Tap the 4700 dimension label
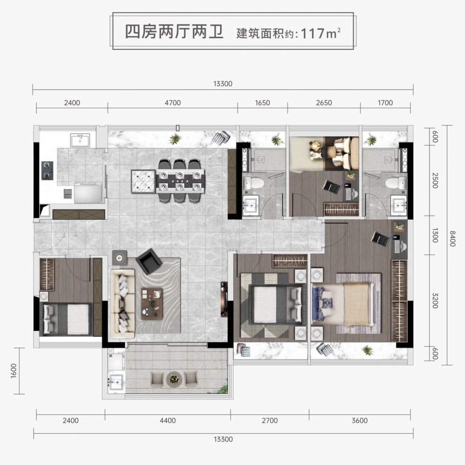(x=173, y=103)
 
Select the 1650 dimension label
(x=262, y=103)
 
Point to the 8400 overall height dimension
(x=452, y=238)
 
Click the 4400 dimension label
(x=168, y=420)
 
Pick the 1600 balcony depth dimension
(x=13, y=371)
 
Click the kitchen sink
(x=80, y=140)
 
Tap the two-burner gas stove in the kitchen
(x=47, y=170)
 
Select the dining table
(x=181, y=181)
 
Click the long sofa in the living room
(x=123, y=304)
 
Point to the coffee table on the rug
(x=152, y=304)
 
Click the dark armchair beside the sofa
(x=149, y=261)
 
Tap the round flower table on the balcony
(x=174, y=379)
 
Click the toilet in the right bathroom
(x=396, y=183)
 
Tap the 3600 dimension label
(x=360, y=420)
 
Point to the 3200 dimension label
(x=435, y=301)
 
